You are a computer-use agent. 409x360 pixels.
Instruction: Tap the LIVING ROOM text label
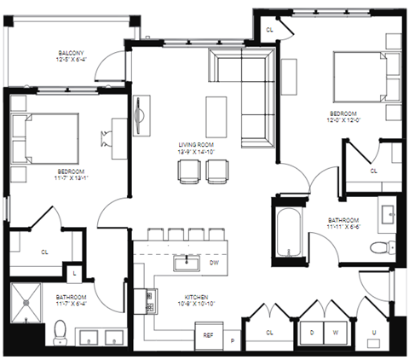click(x=195, y=144)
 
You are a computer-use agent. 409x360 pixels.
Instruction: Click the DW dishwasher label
click(x=215, y=264)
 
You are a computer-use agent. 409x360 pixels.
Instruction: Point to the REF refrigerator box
click(x=208, y=335)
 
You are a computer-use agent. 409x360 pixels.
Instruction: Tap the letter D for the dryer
click(x=312, y=331)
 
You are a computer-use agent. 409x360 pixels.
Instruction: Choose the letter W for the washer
click(x=336, y=331)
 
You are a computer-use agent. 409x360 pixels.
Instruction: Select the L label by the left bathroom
click(x=75, y=272)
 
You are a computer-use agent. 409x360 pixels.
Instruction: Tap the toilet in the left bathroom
click(x=60, y=333)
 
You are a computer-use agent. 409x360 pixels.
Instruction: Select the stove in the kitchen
click(x=150, y=301)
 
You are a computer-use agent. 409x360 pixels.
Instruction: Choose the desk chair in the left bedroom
click(x=107, y=137)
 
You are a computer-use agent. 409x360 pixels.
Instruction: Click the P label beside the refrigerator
click(x=232, y=340)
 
